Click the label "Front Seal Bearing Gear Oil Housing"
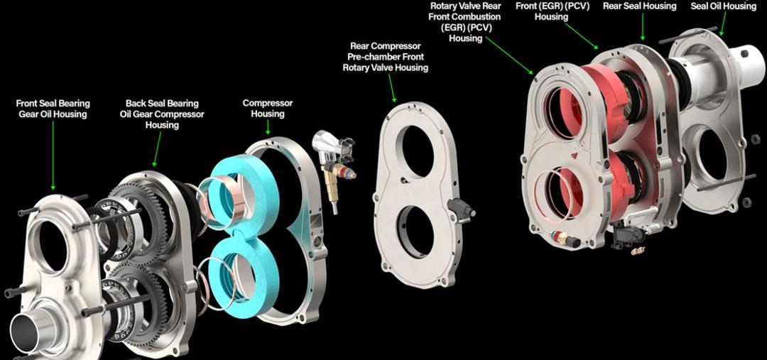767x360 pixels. [x=53, y=109]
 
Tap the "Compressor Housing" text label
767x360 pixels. [x=268, y=109]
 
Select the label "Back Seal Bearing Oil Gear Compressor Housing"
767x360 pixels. [x=162, y=114]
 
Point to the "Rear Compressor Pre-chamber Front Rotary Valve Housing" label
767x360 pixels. [x=386, y=57]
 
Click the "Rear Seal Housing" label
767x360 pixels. [x=639, y=6]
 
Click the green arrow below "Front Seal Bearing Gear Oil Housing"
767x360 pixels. [x=53, y=156]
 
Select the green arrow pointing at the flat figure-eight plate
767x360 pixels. [x=392, y=87]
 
